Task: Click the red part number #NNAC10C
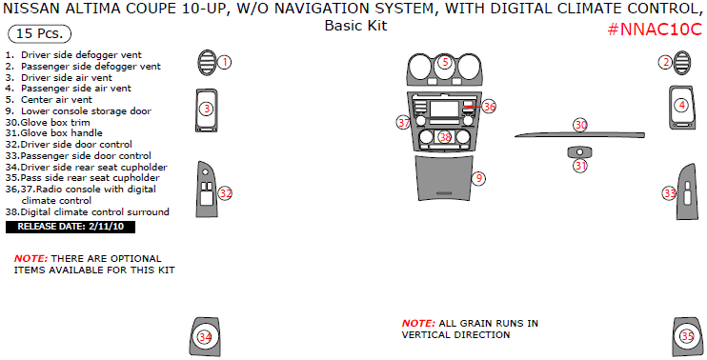(655, 30)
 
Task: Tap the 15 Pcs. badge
(40, 33)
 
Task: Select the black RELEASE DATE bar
(71, 227)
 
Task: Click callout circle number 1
(224, 62)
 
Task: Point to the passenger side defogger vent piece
(682, 63)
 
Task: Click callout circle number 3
(207, 109)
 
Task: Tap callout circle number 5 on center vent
(445, 62)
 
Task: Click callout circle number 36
(489, 107)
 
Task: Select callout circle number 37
(404, 122)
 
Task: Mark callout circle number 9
(479, 178)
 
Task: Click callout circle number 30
(581, 125)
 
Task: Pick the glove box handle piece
(580, 152)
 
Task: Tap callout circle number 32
(225, 193)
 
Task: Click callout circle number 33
(669, 193)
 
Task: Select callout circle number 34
(205, 337)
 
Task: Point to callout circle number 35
(687, 336)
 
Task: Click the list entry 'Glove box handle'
(54, 133)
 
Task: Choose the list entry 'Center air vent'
(49, 100)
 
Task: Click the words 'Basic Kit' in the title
(355, 25)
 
